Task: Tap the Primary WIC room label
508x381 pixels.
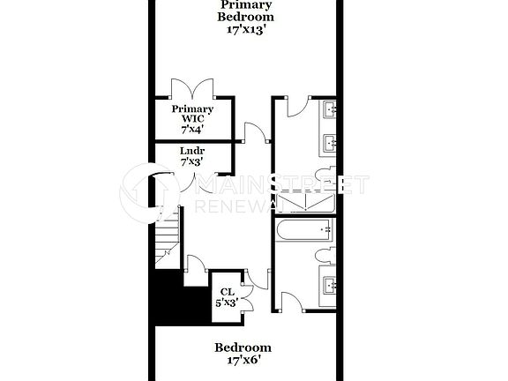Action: (x=192, y=114)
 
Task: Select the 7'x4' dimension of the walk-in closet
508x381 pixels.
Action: (x=192, y=128)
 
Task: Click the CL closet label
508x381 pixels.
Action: (x=227, y=290)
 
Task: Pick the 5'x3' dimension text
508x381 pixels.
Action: (x=227, y=302)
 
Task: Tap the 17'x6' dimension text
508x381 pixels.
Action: (x=243, y=360)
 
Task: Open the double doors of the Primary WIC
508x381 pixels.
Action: (x=192, y=88)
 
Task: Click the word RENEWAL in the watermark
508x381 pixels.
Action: (x=238, y=205)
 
